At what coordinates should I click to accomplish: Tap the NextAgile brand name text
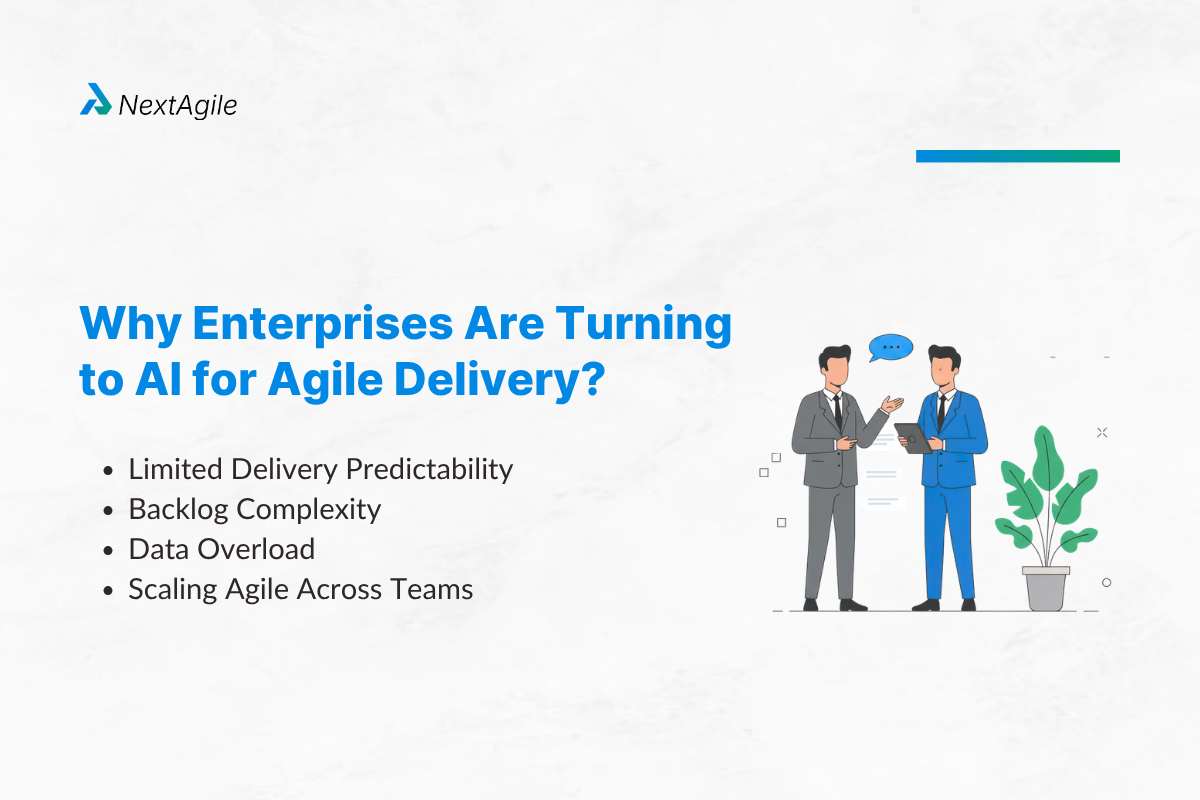pos(178,104)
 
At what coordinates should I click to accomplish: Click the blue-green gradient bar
pos(1017,156)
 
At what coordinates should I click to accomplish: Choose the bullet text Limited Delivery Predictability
pos(320,469)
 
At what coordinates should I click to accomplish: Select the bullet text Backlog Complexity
pos(254,509)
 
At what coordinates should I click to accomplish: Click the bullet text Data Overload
pos(221,549)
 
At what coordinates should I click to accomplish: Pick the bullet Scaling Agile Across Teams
pos(300,589)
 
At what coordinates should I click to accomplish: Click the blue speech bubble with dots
pos(890,348)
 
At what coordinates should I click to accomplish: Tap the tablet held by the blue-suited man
pos(912,438)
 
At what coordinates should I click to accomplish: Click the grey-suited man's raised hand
pos(893,404)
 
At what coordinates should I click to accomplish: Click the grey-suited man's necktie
pos(837,409)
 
